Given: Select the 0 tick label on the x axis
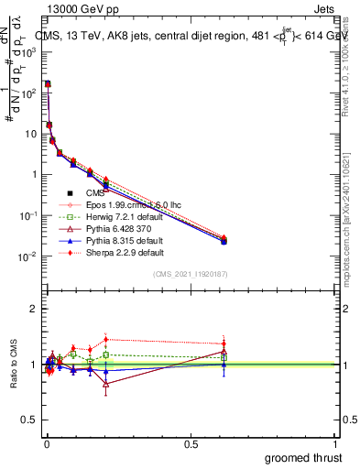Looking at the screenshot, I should (46, 443).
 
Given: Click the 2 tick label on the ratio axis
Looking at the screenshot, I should (33, 309).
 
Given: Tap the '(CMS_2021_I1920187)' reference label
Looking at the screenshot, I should (191, 274).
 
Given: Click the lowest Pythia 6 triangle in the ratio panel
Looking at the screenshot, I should (106, 384).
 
